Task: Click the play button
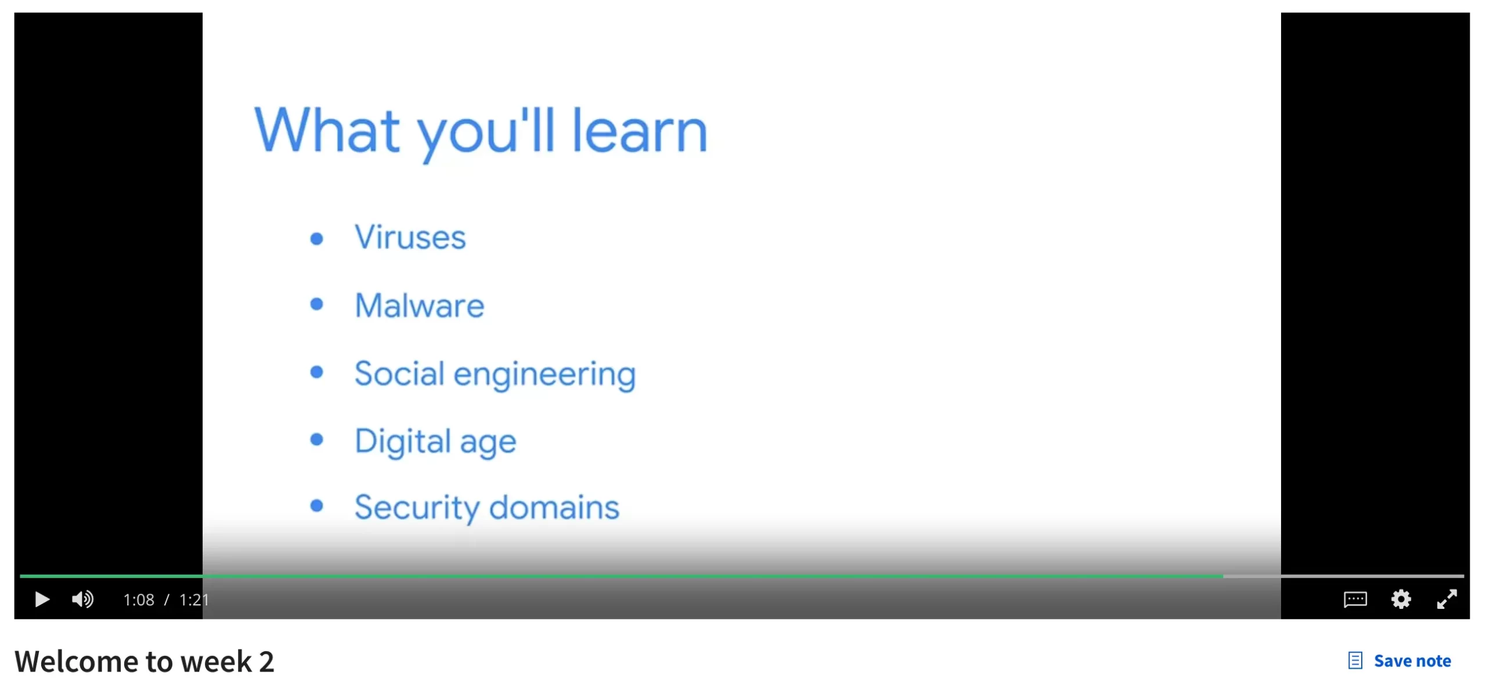coord(42,599)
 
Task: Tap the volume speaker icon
coord(82,599)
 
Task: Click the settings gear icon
coord(1401,599)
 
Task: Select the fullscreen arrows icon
coord(1447,599)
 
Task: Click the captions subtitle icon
coord(1355,599)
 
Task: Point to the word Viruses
coord(410,237)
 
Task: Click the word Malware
coord(419,305)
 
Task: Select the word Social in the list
coord(399,373)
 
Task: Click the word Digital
coord(403,441)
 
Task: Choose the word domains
coord(554,507)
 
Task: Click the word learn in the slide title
coord(640,131)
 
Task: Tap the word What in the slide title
coord(327,131)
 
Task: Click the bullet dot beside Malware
coord(316,304)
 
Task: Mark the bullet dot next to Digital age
coord(316,439)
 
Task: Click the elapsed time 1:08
coord(139,600)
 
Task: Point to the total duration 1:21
coord(194,600)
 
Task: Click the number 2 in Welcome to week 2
coord(266,662)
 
